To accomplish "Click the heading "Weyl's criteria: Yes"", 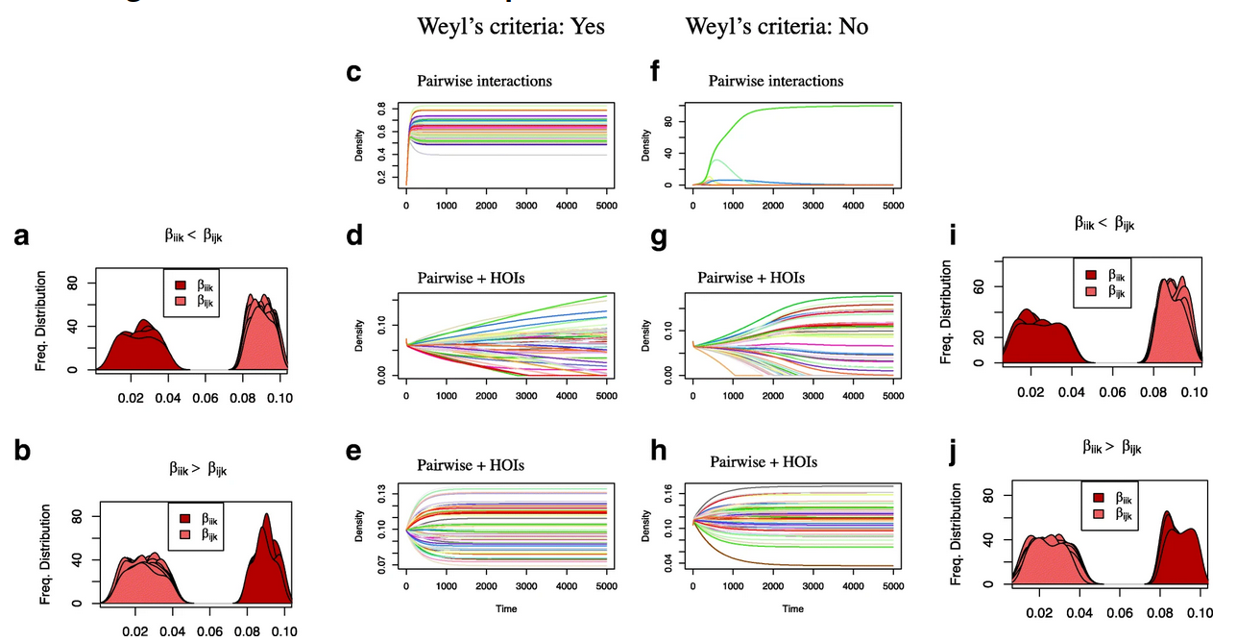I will tap(510, 27).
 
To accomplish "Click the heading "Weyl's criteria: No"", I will tap(776, 27).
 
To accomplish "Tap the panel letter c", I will tap(353, 73).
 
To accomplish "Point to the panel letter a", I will tap(20, 236).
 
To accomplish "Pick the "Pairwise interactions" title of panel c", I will tap(484, 81).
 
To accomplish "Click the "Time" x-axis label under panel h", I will tap(792, 608).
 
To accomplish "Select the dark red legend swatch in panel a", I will tap(180, 284).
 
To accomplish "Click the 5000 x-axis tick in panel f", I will tap(893, 205).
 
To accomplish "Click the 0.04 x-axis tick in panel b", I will tap(172, 632).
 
